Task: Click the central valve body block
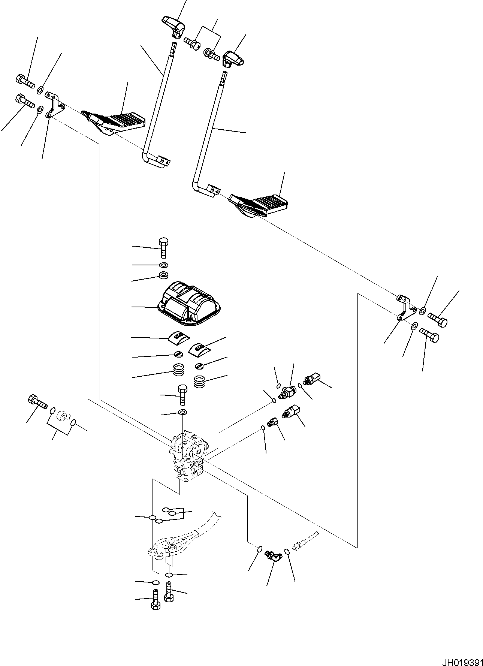coord(188,455)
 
